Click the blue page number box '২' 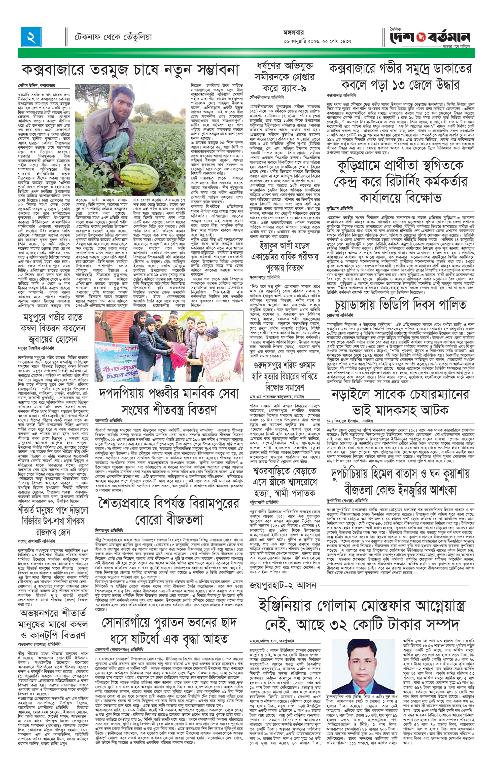(x=31, y=37)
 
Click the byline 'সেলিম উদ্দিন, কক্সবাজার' (x=37, y=86)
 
